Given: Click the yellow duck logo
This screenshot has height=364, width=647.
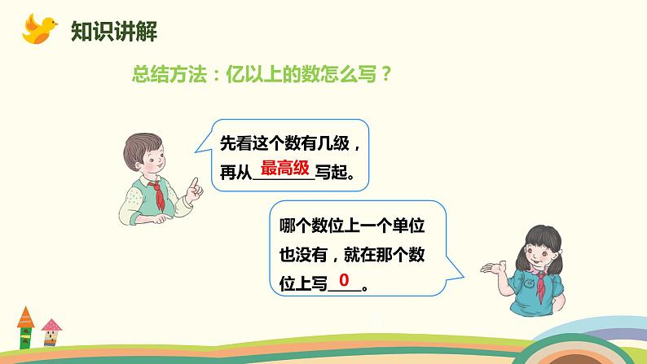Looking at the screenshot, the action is click(39, 29).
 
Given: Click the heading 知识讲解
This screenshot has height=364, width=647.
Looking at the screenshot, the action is click(114, 31).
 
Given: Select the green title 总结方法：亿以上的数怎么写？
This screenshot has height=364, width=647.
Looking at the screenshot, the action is click(261, 74).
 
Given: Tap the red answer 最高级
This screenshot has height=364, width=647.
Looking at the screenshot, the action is click(284, 169).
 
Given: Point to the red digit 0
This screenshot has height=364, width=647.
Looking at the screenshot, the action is click(344, 280).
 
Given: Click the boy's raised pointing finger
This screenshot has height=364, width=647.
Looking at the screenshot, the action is click(194, 183).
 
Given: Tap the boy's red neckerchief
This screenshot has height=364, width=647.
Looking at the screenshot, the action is click(159, 195).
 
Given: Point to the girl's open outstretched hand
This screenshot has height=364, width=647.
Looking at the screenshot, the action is click(494, 268).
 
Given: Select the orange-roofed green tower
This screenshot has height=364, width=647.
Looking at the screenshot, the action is click(25, 327).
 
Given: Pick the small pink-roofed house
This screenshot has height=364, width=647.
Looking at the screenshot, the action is click(51, 332).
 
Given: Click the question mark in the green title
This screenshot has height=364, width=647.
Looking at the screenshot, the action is click(385, 74).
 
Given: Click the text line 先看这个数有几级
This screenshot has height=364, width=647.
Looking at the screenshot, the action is click(284, 143).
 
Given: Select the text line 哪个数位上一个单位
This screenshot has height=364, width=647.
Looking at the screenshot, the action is click(352, 226).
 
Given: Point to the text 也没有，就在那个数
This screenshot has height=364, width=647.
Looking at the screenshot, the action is click(352, 254).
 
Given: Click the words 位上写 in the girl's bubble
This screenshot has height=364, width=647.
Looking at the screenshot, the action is click(303, 283).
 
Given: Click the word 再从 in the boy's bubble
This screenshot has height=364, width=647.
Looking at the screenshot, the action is click(235, 173).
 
